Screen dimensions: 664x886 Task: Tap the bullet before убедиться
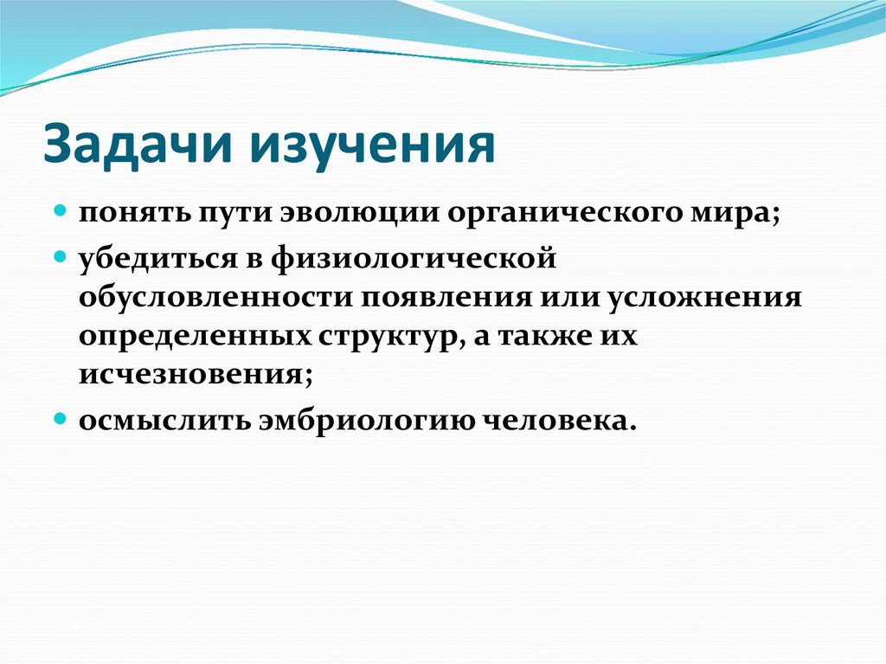[x=61, y=257]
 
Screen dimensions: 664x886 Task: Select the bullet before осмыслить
[x=61, y=417]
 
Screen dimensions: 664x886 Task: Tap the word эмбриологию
[x=363, y=419]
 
